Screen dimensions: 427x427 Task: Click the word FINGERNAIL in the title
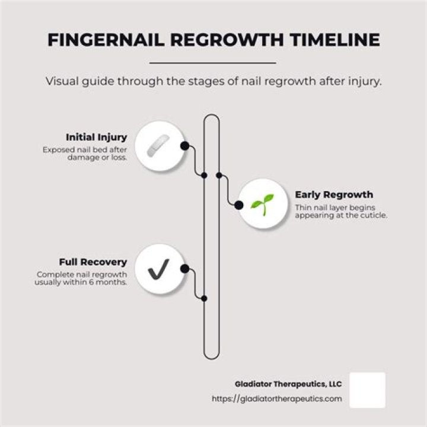click(106, 40)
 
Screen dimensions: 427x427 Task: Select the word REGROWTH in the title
click(227, 40)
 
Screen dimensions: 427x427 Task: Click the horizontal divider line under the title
click(213, 63)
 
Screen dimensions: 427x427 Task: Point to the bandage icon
click(158, 146)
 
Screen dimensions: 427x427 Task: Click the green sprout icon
click(262, 205)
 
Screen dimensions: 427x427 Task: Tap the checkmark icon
click(158, 269)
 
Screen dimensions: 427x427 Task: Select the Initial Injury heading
click(97, 137)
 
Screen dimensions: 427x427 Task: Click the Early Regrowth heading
click(334, 195)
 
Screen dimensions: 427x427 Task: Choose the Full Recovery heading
click(93, 262)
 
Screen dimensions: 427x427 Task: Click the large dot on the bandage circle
click(185, 146)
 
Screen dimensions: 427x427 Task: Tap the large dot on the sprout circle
click(239, 205)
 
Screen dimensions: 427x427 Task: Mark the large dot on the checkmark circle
click(185, 269)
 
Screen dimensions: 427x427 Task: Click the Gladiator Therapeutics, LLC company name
click(288, 384)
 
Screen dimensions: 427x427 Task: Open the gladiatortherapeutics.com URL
click(277, 399)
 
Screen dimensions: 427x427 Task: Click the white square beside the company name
click(367, 390)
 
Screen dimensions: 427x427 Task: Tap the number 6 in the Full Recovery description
click(91, 282)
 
